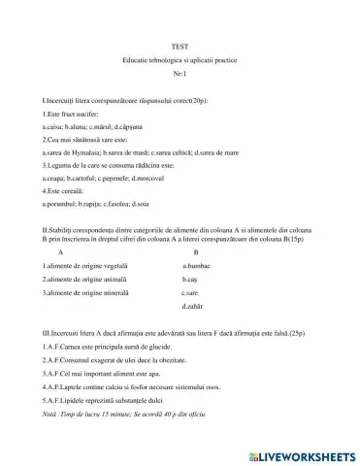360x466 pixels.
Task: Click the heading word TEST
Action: (180, 47)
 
